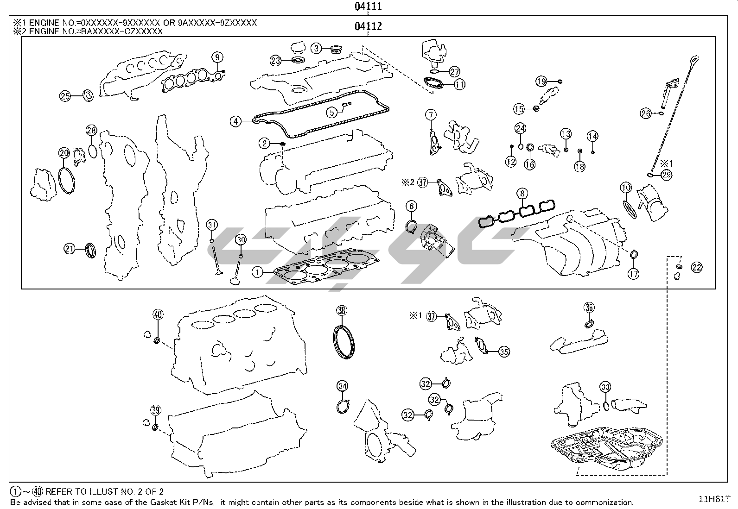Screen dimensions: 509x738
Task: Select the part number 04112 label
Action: tap(368, 26)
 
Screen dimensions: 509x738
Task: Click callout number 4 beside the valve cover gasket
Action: tap(236, 122)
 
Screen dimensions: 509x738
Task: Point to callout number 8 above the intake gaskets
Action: tap(522, 193)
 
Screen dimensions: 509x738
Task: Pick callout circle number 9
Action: tap(217, 57)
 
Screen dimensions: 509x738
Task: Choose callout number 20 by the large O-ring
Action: tap(64, 152)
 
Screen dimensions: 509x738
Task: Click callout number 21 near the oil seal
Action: tap(70, 249)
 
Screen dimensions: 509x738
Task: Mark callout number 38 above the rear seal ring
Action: tap(342, 311)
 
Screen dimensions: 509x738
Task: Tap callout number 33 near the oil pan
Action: tap(605, 387)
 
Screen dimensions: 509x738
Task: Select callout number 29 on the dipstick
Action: tap(667, 175)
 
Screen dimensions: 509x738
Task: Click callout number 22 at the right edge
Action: tap(697, 267)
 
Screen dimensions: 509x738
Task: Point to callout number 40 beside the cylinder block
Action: tap(158, 314)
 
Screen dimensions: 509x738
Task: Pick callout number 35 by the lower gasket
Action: tap(504, 352)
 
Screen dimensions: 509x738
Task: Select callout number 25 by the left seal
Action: tap(65, 96)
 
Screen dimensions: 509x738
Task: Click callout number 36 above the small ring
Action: tap(589, 307)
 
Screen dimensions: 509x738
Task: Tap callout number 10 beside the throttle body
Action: tap(626, 188)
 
